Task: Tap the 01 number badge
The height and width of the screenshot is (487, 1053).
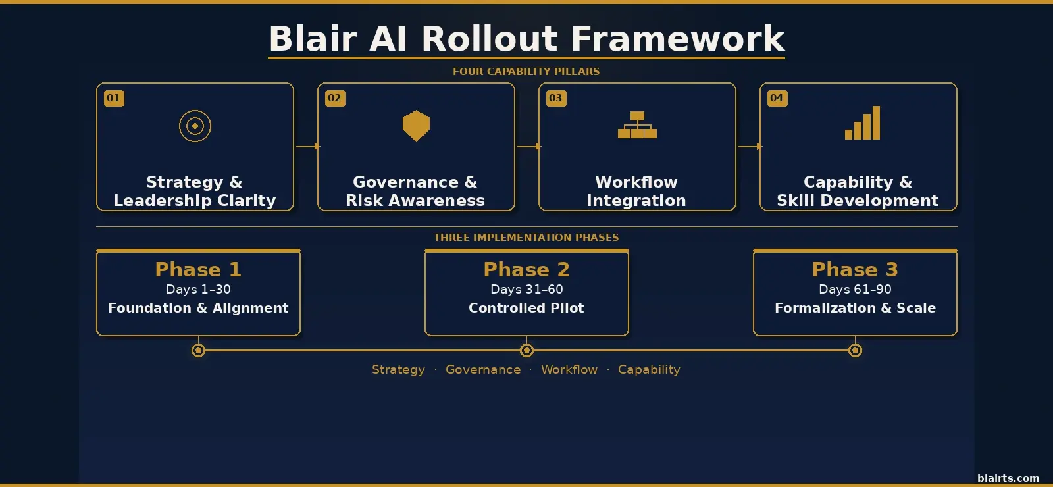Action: (114, 98)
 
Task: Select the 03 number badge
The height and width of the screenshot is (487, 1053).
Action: (556, 98)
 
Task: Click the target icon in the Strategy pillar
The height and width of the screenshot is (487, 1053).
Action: (195, 126)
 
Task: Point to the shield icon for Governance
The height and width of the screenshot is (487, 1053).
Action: (416, 126)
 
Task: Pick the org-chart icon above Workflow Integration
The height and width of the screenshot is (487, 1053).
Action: (637, 125)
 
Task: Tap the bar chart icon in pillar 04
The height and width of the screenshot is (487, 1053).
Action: (862, 124)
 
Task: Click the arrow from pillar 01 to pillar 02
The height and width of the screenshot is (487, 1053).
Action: (307, 147)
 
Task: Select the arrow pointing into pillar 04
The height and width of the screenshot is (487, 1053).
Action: (750, 147)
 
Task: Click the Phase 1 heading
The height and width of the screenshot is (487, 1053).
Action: (198, 269)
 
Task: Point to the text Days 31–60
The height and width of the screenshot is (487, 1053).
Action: (526, 289)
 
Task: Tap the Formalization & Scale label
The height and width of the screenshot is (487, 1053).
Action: (855, 308)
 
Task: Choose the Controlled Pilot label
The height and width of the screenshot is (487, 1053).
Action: (526, 308)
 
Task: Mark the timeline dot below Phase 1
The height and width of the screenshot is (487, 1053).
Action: (198, 351)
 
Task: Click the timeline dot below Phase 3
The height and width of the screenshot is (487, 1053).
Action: (855, 351)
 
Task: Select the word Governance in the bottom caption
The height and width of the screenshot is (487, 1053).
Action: (483, 370)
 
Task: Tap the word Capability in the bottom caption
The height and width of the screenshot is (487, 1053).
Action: (649, 370)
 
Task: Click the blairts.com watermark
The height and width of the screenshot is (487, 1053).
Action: (1008, 478)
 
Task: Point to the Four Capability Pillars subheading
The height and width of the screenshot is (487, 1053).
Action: (526, 72)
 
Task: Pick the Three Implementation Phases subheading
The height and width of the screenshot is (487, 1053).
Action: (526, 238)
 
